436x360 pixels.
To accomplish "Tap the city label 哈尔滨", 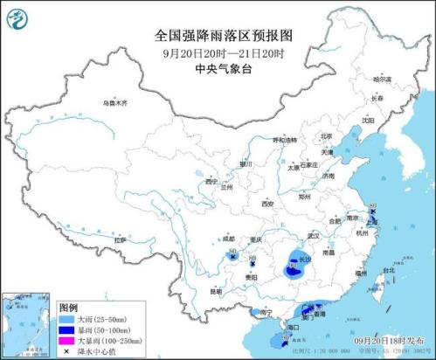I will point(382,80).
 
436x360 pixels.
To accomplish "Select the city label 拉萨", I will point(121,239).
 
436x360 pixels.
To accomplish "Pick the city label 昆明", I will point(215,291).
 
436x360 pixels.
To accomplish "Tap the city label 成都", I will point(228,238).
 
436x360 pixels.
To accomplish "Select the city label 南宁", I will point(270,311).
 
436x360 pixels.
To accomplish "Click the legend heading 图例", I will point(68,308).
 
